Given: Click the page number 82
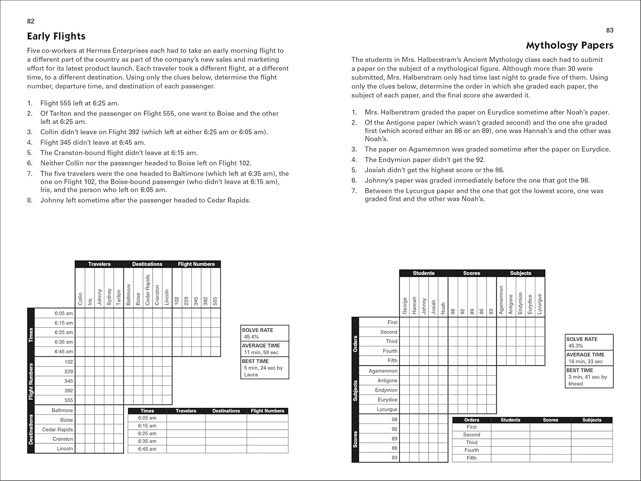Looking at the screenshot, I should (x=31, y=21).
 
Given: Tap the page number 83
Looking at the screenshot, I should (x=610, y=30).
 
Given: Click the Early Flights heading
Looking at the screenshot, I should (x=56, y=36).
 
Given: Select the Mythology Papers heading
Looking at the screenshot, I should (x=570, y=45).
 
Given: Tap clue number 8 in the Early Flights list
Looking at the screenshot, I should (x=30, y=200).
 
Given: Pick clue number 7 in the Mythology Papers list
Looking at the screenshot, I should (x=354, y=191).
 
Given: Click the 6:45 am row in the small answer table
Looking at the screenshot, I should (x=147, y=449).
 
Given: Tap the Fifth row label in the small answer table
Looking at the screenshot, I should (x=471, y=458).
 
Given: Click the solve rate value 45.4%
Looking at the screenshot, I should (x=252, y=337).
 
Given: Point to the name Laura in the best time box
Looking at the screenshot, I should (x=251, y=375).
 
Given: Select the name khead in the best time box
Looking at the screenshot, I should (x=576, y=384).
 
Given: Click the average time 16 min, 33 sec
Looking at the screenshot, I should (x=585, y=361).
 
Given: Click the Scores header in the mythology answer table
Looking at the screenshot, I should (x=550, y=420).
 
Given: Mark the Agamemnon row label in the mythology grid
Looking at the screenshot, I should (x=383, y=371).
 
